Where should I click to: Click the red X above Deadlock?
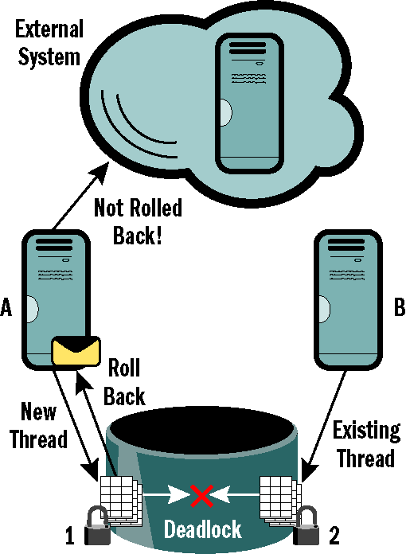point(201,496)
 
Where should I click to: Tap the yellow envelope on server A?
point(76,351)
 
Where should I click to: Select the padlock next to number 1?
point(97,525)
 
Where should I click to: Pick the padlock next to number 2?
point(306,525)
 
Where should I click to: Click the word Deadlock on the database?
point(203,529)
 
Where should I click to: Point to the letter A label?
point(6,307)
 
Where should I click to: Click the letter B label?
point(400,307)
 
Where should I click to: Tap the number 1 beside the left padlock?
point(70,536)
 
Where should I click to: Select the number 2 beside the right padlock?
point(334,536)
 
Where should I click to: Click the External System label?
point(49,43)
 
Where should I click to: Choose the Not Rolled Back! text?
point(138,221)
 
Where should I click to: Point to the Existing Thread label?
point(366,444)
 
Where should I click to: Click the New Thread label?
point(38,425)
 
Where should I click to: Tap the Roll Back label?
point(124,382)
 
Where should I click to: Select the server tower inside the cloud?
point(249,103)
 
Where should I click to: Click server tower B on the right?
point(348,300)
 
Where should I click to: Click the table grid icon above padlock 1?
point(119,499)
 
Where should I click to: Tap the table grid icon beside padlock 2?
point(279,499)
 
